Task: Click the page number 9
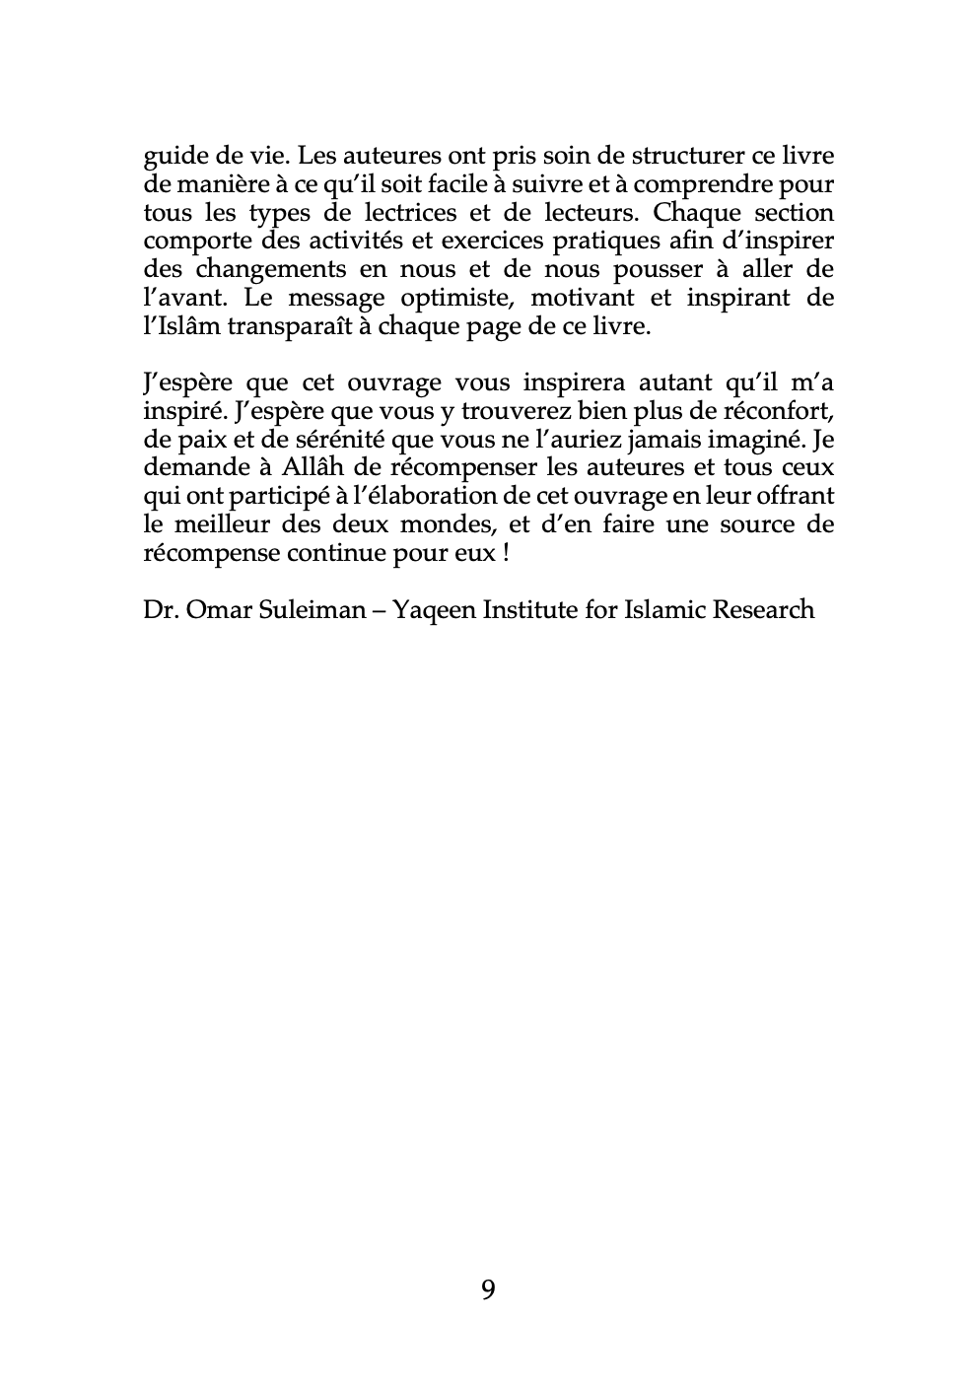click(x=488, y=1288)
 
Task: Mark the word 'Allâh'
click(x=331, y=467)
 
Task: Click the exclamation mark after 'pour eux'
click(x=506, y=553)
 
